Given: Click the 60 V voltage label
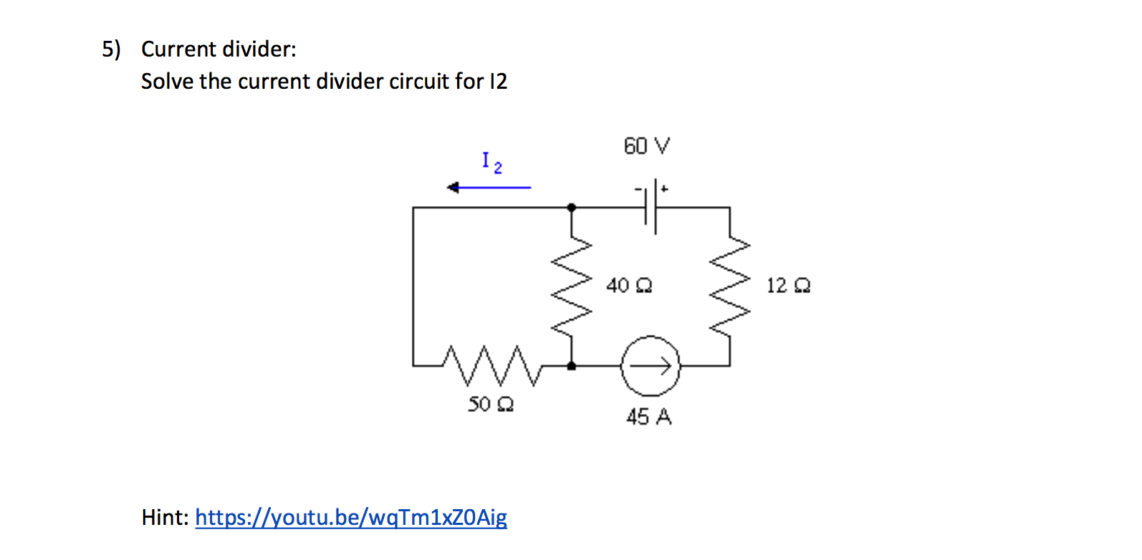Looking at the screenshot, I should [x=646, y=146].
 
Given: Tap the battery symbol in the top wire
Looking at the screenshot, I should [x=651, y=207].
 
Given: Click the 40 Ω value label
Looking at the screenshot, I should [x=628, y=286].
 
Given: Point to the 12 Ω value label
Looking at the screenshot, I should [x=788, y=286].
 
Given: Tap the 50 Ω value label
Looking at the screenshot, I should [x=491, y=405].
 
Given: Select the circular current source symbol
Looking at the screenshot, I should [x=651, y=366].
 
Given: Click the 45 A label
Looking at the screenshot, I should [x=648, y=417].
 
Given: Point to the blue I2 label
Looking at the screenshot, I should [x=491, y=163].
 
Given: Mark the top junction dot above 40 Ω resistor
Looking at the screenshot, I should [x=571, y=208].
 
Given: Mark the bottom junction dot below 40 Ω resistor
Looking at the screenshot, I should [x=571, y=366].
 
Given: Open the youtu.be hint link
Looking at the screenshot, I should [x=350, y=517].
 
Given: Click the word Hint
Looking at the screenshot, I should [x=165, y=517].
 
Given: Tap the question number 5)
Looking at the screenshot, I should [x=111, y=49].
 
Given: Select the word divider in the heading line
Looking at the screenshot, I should [x=259, y=49].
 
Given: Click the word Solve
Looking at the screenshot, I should [x=167, y=82].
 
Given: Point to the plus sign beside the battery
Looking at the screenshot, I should [x=665, y=189].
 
